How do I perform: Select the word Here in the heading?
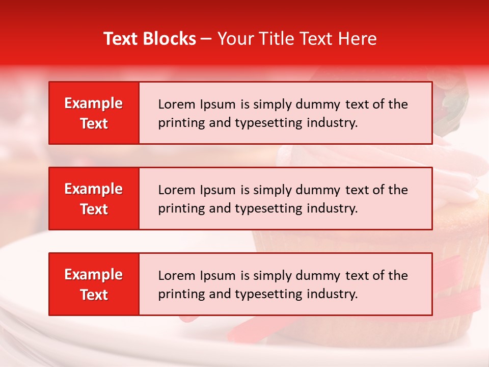[357, 39]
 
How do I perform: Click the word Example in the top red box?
[94, 103]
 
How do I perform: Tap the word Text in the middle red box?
[94, 209]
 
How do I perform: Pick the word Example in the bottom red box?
[94, 275]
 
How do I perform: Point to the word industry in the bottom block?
[331, 295]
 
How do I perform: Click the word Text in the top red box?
[94, 123]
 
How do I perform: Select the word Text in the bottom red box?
[94, 295]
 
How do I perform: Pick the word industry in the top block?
[331, 123]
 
